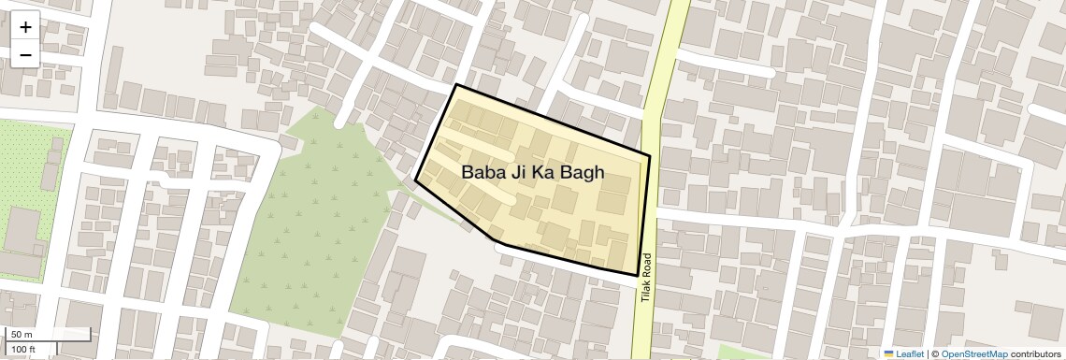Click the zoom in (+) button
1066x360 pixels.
click(x=25, y=26)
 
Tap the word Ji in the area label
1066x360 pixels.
click(x=521, y=172)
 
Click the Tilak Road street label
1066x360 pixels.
click(x=645, y=278)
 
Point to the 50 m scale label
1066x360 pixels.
click(x=22, y=334)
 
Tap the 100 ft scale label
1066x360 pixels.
click(x=24, y=349)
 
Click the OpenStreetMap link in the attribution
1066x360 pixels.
click(x=973, y=353)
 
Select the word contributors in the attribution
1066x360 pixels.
click(x=1035, y=353)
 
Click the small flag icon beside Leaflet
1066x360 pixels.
click(x=888, y=353)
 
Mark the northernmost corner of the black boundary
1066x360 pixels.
click(x=455, y=85)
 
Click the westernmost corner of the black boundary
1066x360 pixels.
click(x=415, y=180)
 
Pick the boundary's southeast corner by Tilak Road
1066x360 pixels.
click(x=639, y=275)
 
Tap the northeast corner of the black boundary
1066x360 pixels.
click(x=650, y=154)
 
